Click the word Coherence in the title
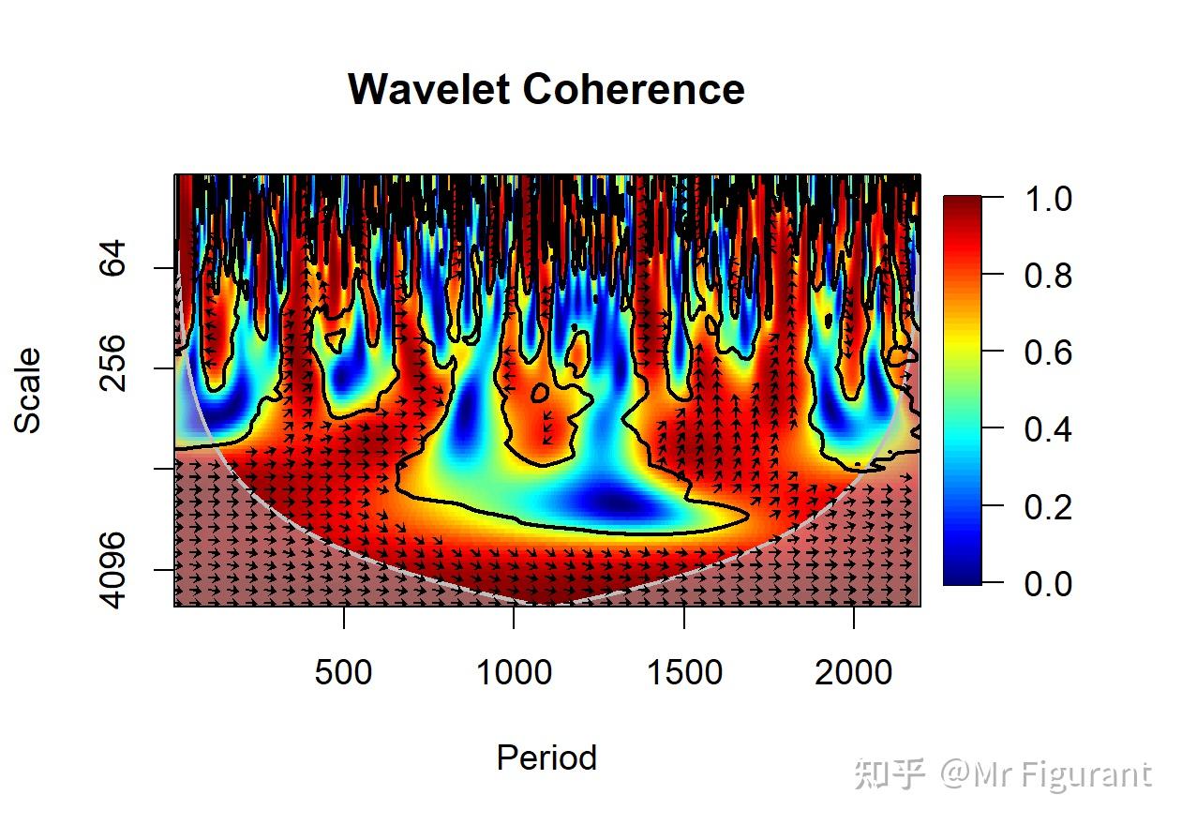pos(634,90)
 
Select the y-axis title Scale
pos(28,390)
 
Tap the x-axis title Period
pos(546,757)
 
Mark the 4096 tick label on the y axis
pos(113,569)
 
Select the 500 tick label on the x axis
pos(343,672)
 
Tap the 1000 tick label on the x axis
pos(514,672)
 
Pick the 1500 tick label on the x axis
pos(684,672)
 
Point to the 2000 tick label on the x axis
pos(854,672)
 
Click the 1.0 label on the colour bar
pos(1048,199)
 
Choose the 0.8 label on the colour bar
pos(1048,276)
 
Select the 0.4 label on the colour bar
pos(1048,429)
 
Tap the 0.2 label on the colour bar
pos(1048,506)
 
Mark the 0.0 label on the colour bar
pos(1048,583)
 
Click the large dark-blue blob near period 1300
pos(619,504)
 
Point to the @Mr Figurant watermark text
pos(1046,774)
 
